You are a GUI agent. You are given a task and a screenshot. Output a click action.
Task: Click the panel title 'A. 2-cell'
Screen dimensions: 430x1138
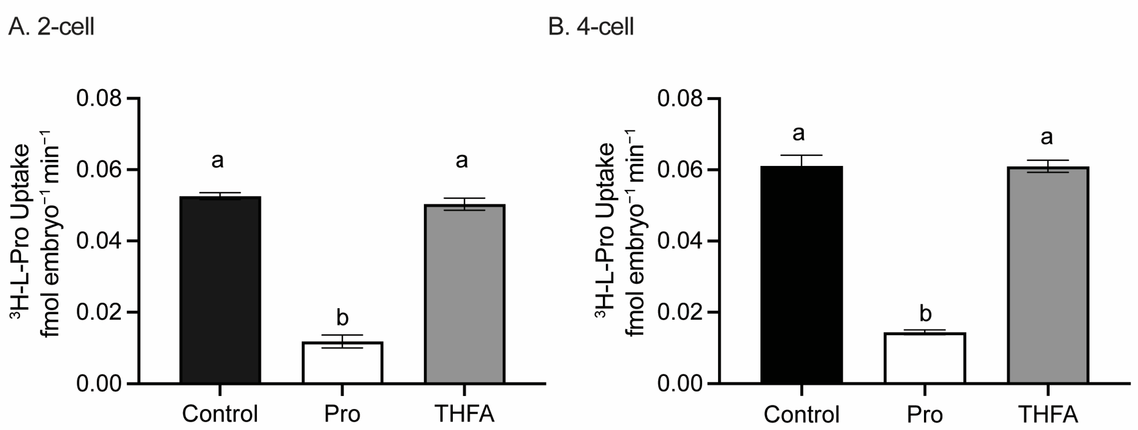pos(51,26)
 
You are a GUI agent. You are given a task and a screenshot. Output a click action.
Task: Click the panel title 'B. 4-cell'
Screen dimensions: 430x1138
pos(591,26)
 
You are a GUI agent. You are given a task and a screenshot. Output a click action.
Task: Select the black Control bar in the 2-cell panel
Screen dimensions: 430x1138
pos(220,290)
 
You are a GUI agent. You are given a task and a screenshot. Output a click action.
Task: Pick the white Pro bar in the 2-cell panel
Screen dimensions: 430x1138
pos(342,363)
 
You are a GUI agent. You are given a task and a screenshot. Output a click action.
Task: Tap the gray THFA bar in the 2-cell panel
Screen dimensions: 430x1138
pos(464,294)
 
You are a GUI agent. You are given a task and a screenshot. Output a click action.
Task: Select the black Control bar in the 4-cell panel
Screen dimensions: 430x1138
pos(801,274)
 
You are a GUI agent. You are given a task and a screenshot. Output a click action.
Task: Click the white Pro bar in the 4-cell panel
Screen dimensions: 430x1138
pos(925,358)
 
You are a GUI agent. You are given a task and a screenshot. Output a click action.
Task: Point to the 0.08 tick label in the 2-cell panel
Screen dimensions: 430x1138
pos(98,98)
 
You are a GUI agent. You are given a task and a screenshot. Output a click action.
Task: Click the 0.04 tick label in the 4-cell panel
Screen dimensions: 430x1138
pos(680,241)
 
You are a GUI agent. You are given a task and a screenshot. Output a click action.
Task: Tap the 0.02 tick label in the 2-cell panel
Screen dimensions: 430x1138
pos(98,312)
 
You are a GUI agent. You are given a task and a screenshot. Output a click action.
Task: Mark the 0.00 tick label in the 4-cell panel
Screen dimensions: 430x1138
pos(680,384)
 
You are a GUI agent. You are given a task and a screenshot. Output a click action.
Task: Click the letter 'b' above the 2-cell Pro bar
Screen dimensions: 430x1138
pos(342,317)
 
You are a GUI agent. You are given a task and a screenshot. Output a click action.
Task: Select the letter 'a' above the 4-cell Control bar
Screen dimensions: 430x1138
pos(798,133)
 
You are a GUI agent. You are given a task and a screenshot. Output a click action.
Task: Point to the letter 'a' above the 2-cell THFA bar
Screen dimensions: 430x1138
pos(462,160)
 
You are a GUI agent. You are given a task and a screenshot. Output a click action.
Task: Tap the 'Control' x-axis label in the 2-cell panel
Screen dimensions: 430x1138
pos(220,414)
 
